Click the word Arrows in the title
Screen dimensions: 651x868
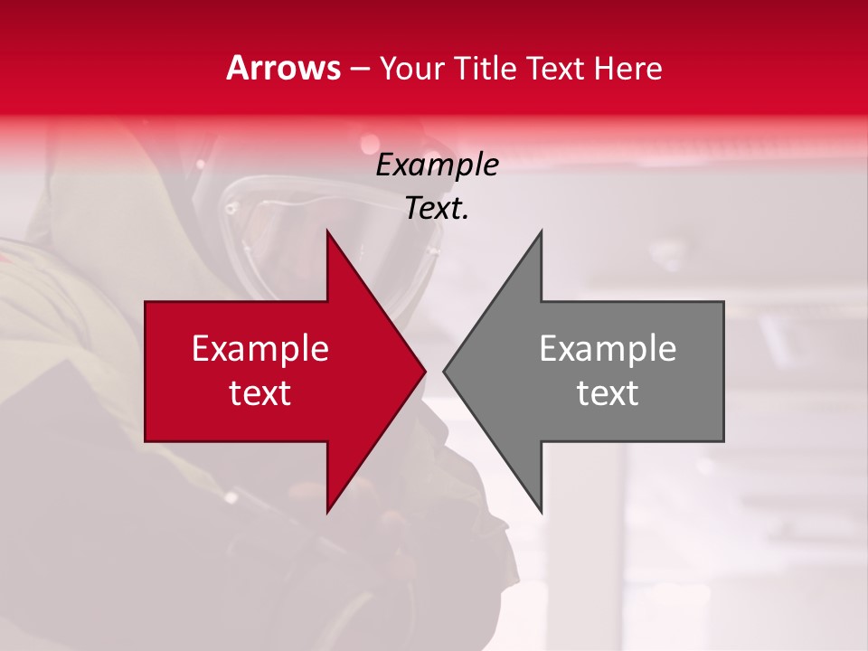283,69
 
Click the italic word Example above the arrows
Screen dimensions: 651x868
437,165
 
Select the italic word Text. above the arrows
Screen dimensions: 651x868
437,209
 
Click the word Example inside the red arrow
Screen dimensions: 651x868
259,349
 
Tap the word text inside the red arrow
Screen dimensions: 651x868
259,393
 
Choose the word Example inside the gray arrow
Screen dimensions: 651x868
608,349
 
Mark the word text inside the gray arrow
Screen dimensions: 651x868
608,393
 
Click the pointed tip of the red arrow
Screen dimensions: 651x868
425,372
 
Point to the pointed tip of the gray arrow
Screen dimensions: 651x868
444,372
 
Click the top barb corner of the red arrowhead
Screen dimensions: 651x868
327,231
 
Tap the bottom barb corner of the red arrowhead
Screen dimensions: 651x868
327,513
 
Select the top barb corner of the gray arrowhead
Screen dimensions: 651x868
541,231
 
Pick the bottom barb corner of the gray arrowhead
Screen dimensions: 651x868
541,513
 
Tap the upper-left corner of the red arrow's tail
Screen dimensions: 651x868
146,302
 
